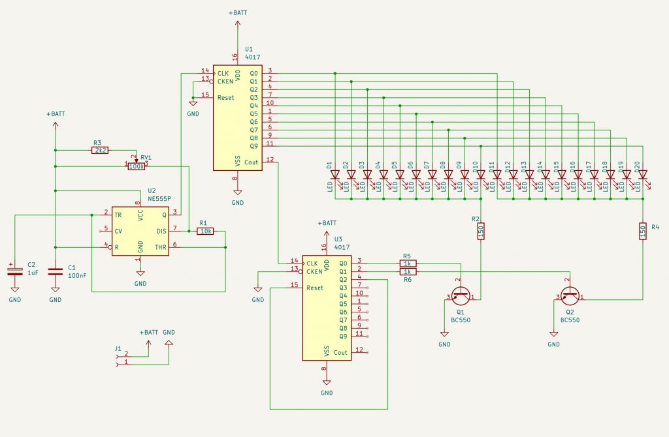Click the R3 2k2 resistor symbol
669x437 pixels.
click(101, 150)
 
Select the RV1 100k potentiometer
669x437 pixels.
click(136, 166)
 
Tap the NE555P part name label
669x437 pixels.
click(159, 198)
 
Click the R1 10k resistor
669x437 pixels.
click(206, 231)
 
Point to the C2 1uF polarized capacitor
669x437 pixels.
click(14, 269)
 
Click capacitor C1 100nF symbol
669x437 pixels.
click(55, 269)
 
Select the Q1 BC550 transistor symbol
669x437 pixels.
click(461, 295)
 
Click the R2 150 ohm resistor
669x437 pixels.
click(481, 231)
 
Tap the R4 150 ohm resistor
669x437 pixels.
click(643, 231)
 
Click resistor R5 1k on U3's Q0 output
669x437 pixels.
click(407, 263)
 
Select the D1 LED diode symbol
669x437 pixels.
click(335, 175)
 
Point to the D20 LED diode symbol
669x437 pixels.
click(643, 175)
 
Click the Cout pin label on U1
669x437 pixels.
click(252, 162)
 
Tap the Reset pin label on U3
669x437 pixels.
click(315, 287)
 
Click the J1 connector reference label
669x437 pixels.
click(118, 348)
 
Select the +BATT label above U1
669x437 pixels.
click(238, 13)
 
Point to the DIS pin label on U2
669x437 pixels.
click(162, 231)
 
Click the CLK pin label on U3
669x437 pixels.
click(312, 263)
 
